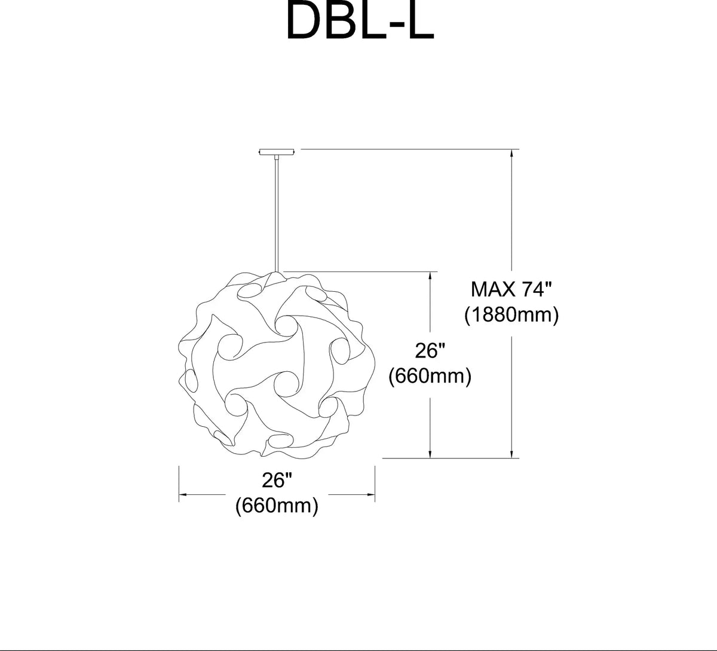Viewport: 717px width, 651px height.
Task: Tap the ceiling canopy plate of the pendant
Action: tap(277, 152)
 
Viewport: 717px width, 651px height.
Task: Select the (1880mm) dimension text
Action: tap(511, 316)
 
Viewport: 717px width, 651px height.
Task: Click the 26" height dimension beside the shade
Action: tap(430, 350)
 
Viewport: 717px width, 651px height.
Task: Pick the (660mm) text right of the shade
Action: tap(430, 376)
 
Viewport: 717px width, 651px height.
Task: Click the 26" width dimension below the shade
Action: tap(277, 480)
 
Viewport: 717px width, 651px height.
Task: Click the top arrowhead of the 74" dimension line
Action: tap(512, 152)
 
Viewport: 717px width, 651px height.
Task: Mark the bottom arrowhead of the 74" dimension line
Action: tap(512, 454)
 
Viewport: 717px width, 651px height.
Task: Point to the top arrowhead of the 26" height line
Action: tap(430, 276)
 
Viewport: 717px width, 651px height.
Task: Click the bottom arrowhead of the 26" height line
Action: tap(430, 454)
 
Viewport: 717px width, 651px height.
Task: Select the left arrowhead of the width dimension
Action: tap(183, 495)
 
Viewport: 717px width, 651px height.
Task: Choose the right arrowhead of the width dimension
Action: tap(370, 495)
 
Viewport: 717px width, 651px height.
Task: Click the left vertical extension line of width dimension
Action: tap(179, 484)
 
